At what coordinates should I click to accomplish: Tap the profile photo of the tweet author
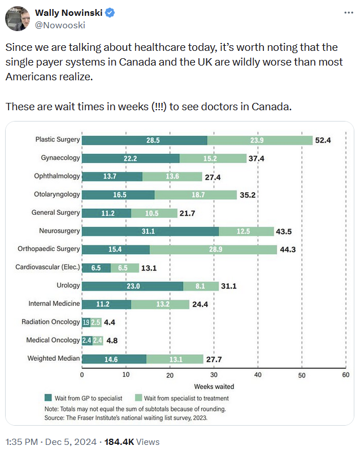click(18, 19)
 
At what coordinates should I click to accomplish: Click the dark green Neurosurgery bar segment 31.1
click(150, 231)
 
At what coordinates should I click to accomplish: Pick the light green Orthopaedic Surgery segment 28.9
click(214, 249)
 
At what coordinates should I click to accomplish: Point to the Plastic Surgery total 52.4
click(323, 140)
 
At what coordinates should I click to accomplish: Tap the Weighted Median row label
click(54, 358)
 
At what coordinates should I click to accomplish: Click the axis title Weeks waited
click(214, 387)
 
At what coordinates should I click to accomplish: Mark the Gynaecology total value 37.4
click(255, 158)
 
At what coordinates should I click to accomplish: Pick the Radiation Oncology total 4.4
click(110, 322)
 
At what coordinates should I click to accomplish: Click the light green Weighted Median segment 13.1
click(175, 358)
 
